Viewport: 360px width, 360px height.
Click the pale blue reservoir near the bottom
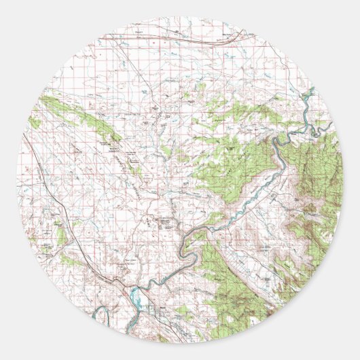click(x=135, y=295)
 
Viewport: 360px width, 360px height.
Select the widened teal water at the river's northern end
click(x=308, y=93)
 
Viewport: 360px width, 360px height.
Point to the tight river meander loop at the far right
click(x=319, y=127)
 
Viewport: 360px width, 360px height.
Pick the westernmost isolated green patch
click(x=35, y=122)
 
